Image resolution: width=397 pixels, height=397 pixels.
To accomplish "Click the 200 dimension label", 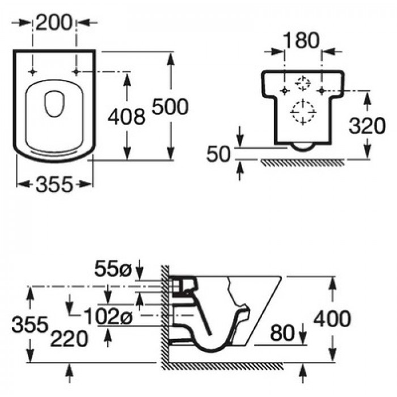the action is [x=54, y=23].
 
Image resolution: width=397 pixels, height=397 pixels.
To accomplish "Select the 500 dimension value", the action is [x=170, y=107].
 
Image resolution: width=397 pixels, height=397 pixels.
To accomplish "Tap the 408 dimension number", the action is [x=126, y=117].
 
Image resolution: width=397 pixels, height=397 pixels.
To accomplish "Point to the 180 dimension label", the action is [x=301, y=40].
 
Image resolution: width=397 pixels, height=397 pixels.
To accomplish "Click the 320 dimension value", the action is [x=367, y=126].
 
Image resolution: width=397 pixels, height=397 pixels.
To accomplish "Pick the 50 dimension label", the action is [x=219, y=154].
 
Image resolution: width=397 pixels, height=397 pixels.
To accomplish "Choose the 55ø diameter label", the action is [x=113, y=269].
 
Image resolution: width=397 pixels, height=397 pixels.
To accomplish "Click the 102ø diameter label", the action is [x=108, y=316].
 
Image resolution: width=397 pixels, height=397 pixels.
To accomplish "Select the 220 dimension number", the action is [x=69, y=339].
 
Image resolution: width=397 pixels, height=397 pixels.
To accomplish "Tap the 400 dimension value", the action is [x=332, y=319].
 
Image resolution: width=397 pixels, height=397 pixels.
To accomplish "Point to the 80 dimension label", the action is [x=282, y=333].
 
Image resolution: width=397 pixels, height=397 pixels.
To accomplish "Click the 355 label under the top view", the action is [x=54, y=184].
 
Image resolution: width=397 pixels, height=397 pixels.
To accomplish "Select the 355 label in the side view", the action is [x=30, y=324].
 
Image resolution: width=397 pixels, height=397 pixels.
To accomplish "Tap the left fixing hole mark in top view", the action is [x=32, y=72].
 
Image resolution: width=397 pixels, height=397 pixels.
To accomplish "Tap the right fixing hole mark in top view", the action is [x=76, y=72].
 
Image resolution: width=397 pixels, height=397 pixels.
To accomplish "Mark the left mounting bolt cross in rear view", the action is [x=285, y=90].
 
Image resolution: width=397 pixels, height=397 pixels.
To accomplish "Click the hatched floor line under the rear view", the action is [x=302, y=163].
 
